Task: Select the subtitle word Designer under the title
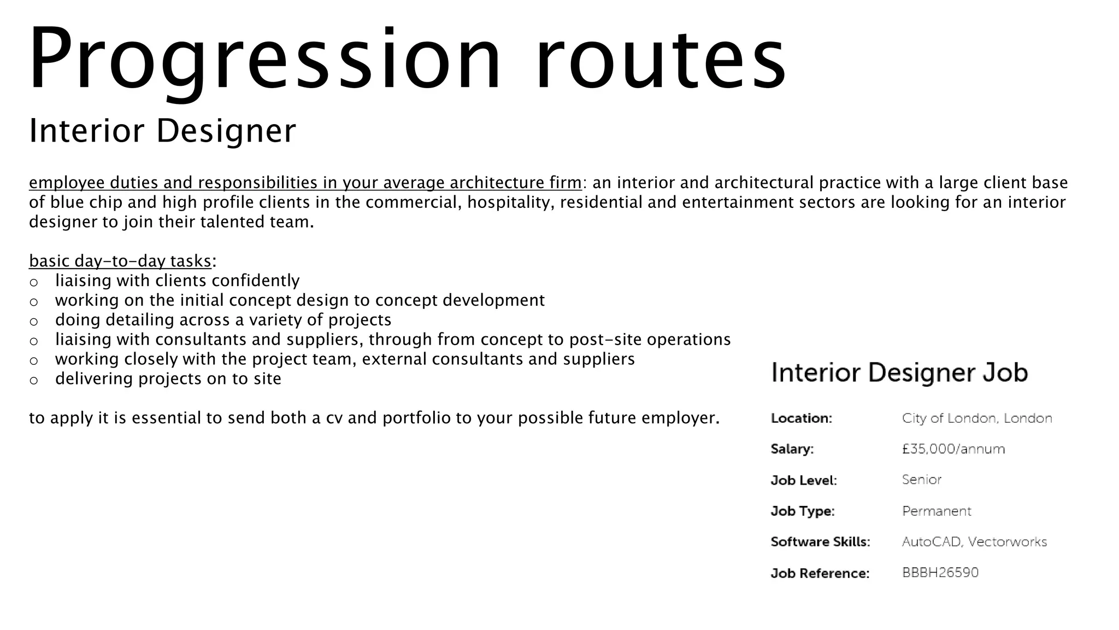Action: [226, 131]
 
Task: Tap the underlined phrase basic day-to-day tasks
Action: [120, 261]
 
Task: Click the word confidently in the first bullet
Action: [255, 281]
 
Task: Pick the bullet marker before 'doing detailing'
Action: [34, 321]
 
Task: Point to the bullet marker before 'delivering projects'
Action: [34, 380]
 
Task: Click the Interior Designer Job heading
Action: [899, 373]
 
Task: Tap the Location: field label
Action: [801, 418]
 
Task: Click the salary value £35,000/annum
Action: [953, 449]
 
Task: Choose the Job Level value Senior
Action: [921, 480]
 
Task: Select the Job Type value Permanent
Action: [936, 511]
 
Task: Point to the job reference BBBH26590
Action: [940, 573]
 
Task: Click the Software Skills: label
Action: [820, 542]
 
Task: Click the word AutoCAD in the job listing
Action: [932, 542]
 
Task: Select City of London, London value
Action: [976, 418]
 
